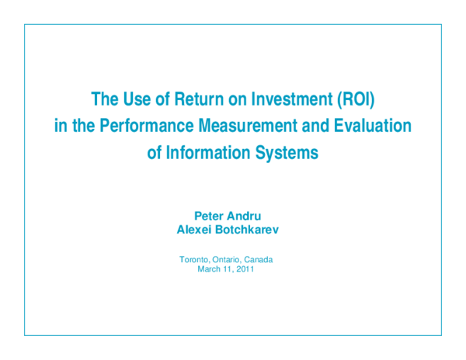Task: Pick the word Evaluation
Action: (374, 126)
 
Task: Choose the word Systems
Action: (288, 153)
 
